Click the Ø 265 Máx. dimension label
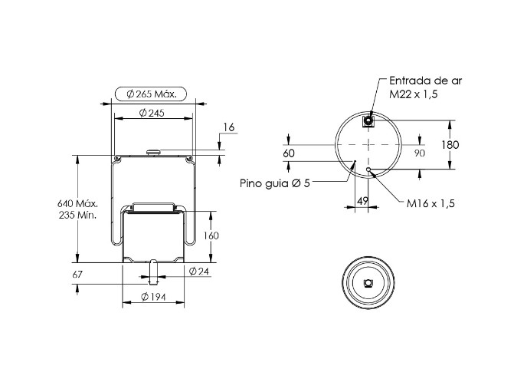click(152, 94)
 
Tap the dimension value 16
click(229, 127)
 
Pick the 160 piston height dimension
click(211, 235)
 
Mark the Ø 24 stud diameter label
click(199, 272)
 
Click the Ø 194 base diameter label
click(154, 298)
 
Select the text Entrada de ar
click(426, 81)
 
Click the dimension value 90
click(419, 153)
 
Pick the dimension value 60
click(289, 153)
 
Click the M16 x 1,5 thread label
click(430, 203)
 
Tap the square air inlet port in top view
click(368, 121)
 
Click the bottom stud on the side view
click(154, 270)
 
